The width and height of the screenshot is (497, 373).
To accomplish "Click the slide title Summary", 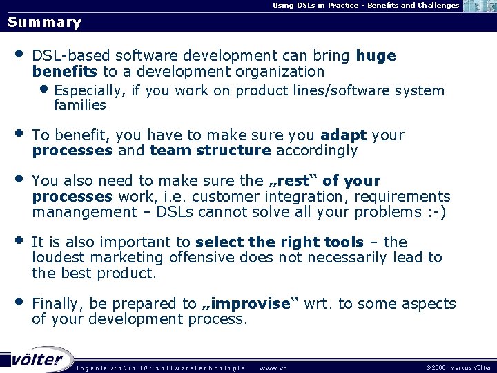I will (x=44, y=22).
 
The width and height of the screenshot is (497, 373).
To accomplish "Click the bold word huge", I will (x=376, y=56).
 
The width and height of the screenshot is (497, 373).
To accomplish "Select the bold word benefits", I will (x=65, y=71).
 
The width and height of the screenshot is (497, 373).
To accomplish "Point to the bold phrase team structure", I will (x=211, y=150).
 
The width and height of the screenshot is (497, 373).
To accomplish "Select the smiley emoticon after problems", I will (x=436, y=211).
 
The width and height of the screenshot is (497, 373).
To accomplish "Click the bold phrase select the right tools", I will (x=279, y=242).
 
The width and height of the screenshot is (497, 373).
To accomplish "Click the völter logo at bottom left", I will (x=38, y=359).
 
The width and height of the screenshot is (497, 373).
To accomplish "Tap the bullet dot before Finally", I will (x=19, y=302).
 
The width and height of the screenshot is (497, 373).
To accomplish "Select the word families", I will (x=80, y=106).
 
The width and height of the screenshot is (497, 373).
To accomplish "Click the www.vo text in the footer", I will (x=272, y=367).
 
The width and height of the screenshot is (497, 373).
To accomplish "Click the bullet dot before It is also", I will (x=19, y=240).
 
